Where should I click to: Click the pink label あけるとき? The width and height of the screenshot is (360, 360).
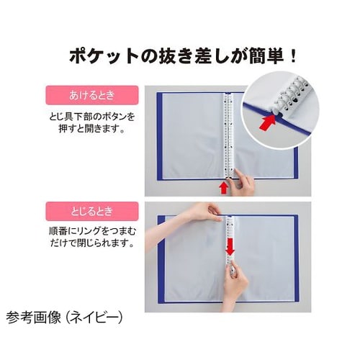(92, 95)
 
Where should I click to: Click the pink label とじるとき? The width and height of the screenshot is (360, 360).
(92, 211)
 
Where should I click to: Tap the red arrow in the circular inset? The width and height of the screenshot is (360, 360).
(268, 122)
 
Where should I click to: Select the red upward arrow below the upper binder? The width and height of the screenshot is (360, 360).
(224, 189)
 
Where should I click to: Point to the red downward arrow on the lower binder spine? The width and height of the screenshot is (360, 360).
(230, 246)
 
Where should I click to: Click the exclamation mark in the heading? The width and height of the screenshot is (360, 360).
(293, 57)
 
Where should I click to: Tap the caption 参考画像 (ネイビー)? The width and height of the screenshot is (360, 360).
(65, 318)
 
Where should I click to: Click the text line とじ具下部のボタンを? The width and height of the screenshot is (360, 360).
(92, 117)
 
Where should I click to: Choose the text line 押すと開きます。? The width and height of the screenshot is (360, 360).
(92, 129)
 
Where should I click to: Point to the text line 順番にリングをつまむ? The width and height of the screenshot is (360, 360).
(92, 231)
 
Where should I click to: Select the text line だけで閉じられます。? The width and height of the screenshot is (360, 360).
(92, 243)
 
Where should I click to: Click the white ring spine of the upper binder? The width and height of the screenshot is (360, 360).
(228, 135)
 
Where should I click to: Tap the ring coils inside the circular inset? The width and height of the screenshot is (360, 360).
(289, 94)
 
